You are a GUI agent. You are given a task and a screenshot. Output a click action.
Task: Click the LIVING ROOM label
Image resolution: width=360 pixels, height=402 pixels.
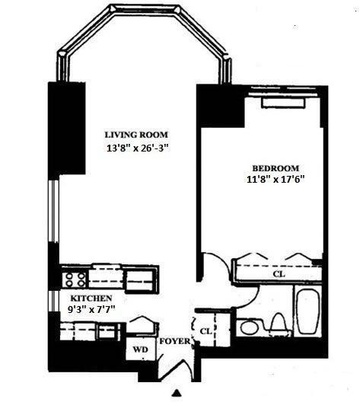click(136, 135)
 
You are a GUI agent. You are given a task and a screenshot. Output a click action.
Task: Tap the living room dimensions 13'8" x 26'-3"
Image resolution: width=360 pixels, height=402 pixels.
click(139, 148)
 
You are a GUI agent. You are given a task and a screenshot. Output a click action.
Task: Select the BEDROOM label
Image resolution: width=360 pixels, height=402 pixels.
click(276, 168)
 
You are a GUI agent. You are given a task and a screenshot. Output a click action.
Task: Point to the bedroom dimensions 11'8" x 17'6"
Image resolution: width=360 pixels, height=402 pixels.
click(276, 179)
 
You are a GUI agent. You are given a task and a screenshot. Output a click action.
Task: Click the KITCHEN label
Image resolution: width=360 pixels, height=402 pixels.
click(91, 298)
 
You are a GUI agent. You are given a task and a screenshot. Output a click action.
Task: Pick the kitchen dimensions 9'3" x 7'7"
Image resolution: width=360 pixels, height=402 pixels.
click(91, 310)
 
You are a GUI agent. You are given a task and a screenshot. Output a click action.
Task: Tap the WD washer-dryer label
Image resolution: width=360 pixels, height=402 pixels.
click(140, 349)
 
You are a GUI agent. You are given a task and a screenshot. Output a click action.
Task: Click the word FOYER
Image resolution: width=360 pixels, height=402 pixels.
click(175, 341)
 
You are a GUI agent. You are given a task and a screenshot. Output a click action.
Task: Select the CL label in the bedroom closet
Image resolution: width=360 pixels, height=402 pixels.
click(279, 274)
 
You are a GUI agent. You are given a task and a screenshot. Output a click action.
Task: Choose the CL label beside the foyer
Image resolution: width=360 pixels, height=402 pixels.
click(206, 331)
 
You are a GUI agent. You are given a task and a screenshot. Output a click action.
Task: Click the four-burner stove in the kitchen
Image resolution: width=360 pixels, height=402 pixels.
click(75, 279)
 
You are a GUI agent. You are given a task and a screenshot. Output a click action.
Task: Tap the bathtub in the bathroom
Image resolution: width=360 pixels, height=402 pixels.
click(308, 311)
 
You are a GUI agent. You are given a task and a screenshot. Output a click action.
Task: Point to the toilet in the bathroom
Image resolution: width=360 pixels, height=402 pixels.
click(280, 324)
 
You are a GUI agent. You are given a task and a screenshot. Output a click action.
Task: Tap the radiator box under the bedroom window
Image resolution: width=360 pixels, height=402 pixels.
click(283, 103)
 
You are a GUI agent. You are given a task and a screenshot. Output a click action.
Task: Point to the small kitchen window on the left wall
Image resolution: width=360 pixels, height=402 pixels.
click(53, 301)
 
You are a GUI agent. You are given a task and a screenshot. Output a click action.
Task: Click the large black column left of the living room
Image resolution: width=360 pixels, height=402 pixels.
click(67, 129)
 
